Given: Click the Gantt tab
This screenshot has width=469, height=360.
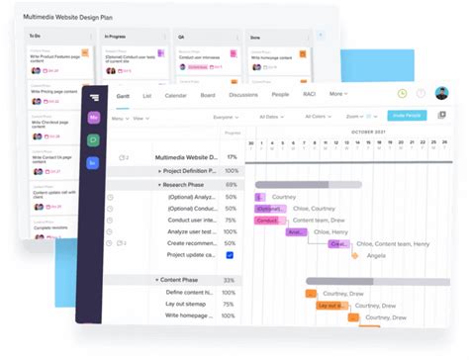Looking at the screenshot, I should coord(123,95).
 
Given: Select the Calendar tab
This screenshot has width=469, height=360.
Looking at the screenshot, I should coord(176,95).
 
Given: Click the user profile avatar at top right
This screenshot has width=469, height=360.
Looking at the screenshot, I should coord(441,94).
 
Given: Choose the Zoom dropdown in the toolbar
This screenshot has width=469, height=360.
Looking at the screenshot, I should coord(357,117).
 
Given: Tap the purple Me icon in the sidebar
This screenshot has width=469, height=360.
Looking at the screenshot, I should coord(94,117).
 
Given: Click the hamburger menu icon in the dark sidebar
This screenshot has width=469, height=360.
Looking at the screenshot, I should coord(94,95).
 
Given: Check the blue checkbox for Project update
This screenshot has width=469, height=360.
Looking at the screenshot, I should coord(231,254).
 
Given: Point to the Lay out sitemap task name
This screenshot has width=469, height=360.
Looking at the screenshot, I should coord(192,304).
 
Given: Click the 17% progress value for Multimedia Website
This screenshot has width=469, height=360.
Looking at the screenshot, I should coord(231,157).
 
